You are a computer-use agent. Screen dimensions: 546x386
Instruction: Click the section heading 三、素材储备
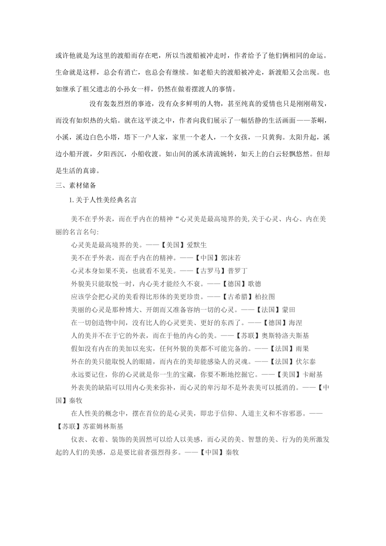pos(76,185)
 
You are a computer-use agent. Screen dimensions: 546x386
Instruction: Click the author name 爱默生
pos(197,245)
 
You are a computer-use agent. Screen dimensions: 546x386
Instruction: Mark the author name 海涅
pos(295,323)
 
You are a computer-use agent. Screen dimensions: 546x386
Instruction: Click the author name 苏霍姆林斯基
pos(103,427)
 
